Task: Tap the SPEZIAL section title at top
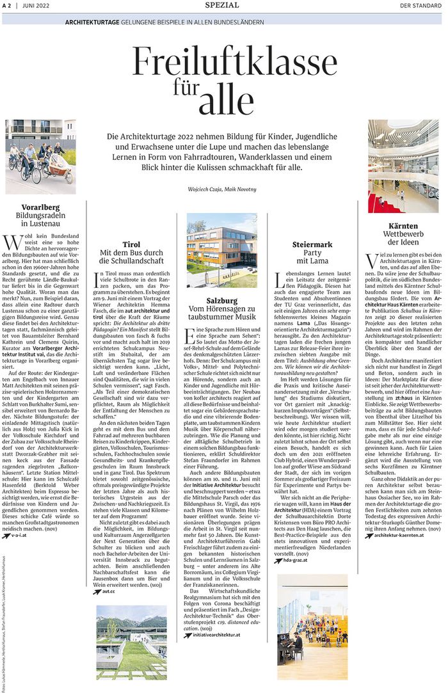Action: pyautogui.click(x=222, y=5)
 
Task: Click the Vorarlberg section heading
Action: pyautogui.click(x=40, y=207)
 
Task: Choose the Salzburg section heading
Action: pyautogui.click(x=222, y=300)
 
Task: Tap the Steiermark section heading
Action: pyautogui.click(x=312, y=244)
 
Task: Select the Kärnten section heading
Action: pyautogui.click(x=403, y=226)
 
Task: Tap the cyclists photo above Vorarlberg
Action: pyautogui.click(x=40, y=157)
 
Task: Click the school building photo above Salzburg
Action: pyautogui.click(x=222, y=250)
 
